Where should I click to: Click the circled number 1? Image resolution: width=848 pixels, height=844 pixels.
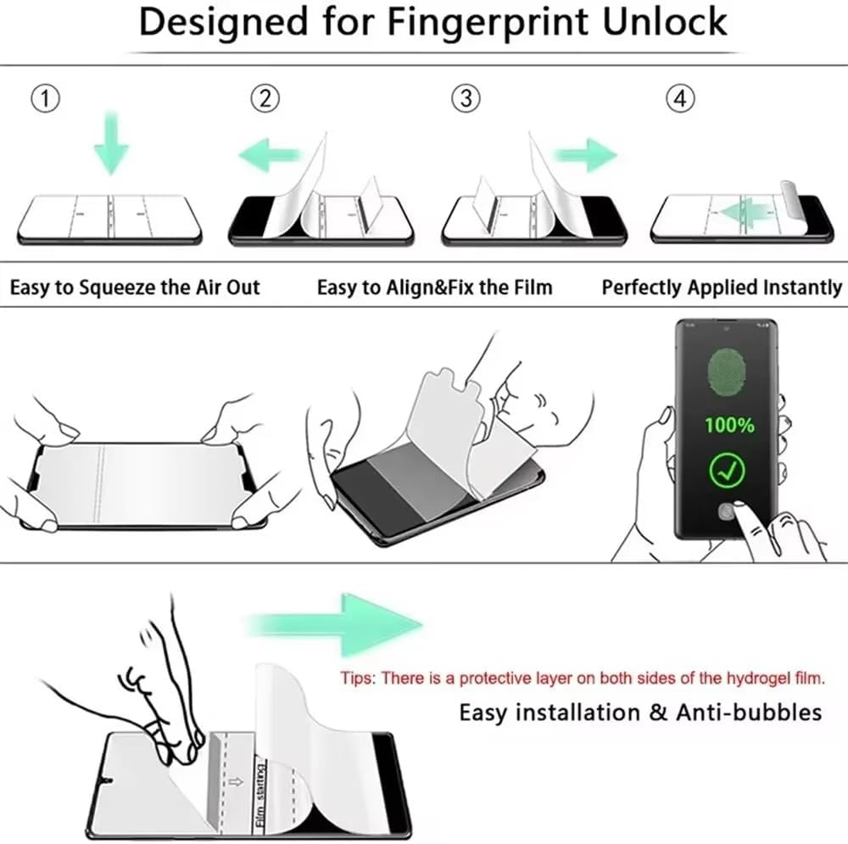pos(46,100)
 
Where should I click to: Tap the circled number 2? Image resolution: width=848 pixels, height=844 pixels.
pos(265,100)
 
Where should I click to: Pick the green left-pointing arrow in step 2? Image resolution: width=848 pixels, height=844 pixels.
pos(269,155)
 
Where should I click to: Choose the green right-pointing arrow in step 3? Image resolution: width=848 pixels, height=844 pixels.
pos(584,155)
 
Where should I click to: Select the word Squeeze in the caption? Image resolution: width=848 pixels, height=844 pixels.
pos(120,288)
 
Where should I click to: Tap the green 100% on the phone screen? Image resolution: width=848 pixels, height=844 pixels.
pos(729,425)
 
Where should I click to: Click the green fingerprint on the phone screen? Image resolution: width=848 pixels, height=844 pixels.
pos(729,374)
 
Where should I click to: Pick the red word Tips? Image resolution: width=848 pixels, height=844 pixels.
pos(358,678)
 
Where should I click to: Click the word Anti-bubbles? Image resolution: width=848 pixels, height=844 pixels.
pos(748,712)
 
